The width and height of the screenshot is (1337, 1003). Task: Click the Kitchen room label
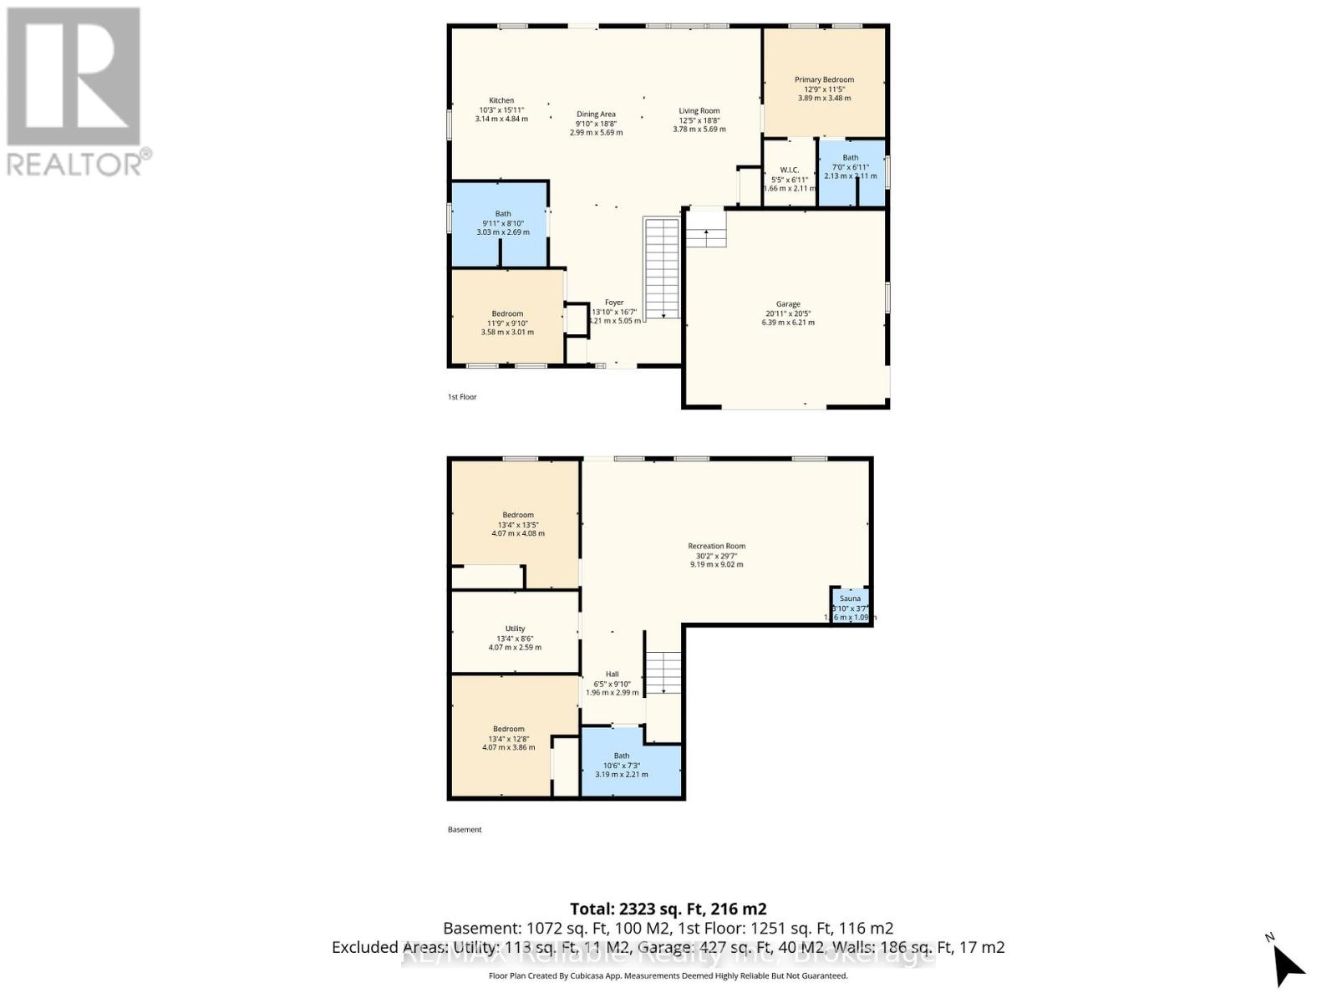pos(501,101)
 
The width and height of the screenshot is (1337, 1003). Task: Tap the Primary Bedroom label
pos(824,80)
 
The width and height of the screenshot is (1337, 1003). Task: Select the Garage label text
pos(788,304)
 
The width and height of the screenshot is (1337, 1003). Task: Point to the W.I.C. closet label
pos(789,171)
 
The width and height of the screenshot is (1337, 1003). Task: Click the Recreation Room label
pos(716,547)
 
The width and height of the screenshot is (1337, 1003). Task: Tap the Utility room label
pos(515,629)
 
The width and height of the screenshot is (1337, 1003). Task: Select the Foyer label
pos(614,303)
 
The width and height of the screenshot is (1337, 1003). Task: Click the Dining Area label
pos(596,115)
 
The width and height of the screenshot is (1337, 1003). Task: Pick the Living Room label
pos(699,111)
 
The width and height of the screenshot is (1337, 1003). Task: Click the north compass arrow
pos(1287,965)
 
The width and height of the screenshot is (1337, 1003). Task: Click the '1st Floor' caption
pos(462,397)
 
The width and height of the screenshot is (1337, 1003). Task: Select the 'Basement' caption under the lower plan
pos(465,830)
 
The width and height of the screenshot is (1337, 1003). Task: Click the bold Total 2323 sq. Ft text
pos(668,909)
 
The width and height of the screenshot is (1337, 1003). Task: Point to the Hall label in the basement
pos(613,675)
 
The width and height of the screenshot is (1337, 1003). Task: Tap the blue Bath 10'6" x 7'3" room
pos(631,765)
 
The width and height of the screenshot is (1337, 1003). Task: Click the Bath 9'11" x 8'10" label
pos(502,214)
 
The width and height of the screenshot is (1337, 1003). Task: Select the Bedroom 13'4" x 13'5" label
pos(518,516)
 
